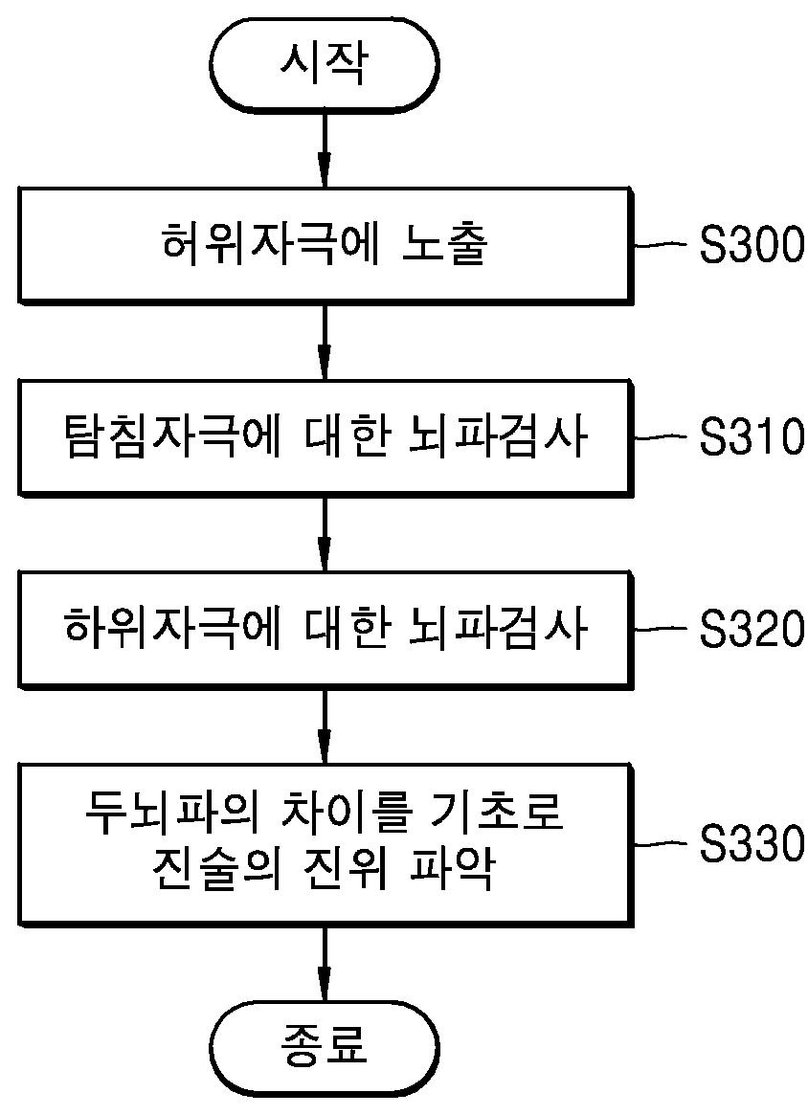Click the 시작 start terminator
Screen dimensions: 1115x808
coord(324,64)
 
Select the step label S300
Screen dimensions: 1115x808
coord(752,246)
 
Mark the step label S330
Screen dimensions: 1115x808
coord(752,844)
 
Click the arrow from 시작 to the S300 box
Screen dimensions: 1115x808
coord(324,148)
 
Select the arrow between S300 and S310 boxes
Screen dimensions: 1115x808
coord(324,342)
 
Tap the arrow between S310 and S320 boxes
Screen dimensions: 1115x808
coord(324,533)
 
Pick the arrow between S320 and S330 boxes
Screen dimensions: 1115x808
coord(324,725)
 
